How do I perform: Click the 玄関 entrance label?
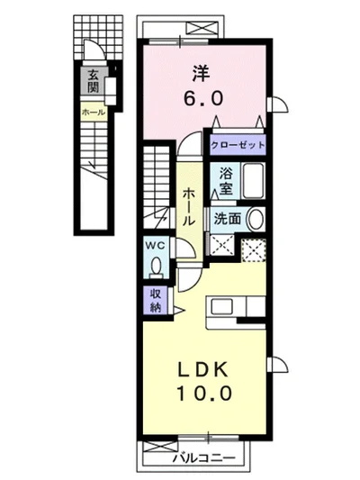pos(93,81)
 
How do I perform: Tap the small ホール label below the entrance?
pos(94,113)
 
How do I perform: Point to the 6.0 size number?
pos(203,98)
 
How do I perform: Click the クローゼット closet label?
pos(238,144)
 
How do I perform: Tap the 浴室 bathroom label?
pos(226,181)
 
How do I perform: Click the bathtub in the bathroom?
pos(253,181)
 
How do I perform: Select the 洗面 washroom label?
pos(228,218)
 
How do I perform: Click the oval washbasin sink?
pos(256,219)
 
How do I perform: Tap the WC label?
pos(155,245)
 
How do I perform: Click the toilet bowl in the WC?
pos(157,265)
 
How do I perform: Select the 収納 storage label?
pos(156,301)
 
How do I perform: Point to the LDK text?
pos(203,370)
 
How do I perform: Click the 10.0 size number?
pos(203,393)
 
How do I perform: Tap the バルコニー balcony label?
pos(204,458)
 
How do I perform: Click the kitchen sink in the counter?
pos(221,306)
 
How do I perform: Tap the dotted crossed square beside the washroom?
pos(254,250)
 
